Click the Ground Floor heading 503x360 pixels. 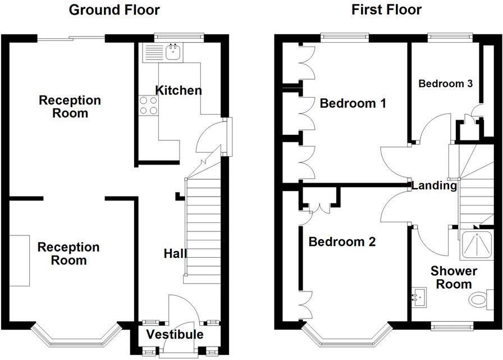click(x=114, y=10)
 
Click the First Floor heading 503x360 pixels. click(x=386, y=10)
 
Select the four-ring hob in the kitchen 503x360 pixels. click(x=149, y=105)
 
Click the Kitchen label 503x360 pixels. click(x=179, y=90)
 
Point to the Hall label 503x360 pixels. click(x=175, y=254)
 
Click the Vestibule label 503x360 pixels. click(x=175, y=335)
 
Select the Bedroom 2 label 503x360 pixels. click(x=341, y=242)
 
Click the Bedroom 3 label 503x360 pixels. click(x=445, y=84)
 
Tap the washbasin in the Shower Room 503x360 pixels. click(x=418, y=295)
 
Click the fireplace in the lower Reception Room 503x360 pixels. click(x=19, y=261)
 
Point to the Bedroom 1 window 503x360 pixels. click(x=345, y=38)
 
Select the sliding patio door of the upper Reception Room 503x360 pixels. click(x=71, y=38)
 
